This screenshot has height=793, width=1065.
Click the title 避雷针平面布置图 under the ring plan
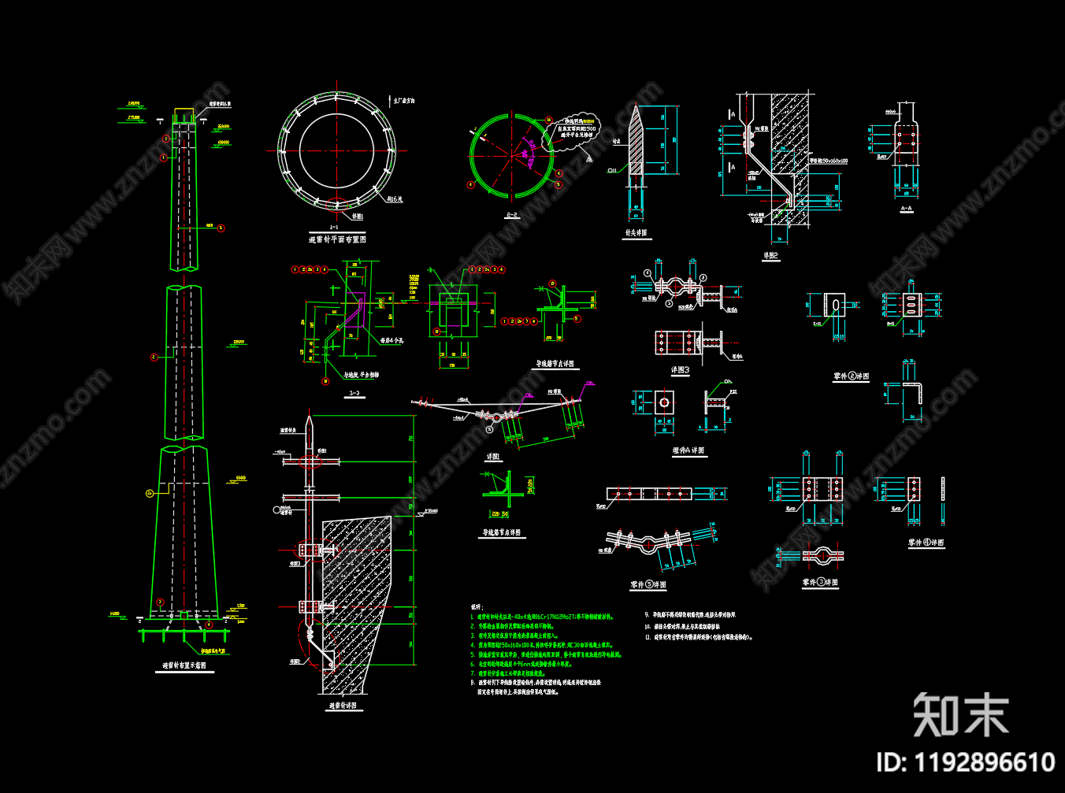tap(337, 239)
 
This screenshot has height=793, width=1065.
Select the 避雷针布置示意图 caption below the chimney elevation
tap(184, 665)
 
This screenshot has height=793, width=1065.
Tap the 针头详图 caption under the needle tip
tap(636, 233)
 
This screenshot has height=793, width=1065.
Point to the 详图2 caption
tap(770, 256)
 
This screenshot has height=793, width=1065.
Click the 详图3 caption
tap(680, 369)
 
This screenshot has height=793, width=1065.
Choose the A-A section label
tap(906, 209)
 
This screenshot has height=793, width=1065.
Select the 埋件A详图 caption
tap(688, 450)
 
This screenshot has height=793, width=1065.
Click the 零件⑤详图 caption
tap(648, 585)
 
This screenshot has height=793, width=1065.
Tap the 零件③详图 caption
tap(820, 583)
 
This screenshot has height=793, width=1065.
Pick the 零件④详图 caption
tap(926, 543)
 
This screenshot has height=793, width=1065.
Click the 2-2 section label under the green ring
tap(511, 214)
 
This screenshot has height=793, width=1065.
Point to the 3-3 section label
tap(354, 393)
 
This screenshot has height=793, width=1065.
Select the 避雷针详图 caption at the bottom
tap(343, 706)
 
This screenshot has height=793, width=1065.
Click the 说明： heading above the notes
tap(476, 607)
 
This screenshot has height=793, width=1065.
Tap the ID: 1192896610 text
tap(965, 762)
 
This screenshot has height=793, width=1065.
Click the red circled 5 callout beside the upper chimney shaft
tap(221, 228)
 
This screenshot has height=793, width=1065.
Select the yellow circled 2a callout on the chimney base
tap(150, 494)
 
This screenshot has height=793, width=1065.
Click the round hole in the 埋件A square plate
tap(664, 402)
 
